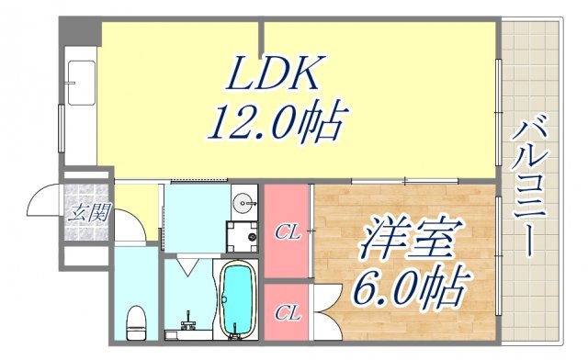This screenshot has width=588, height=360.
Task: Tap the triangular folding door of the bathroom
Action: [x=186, y=266]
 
